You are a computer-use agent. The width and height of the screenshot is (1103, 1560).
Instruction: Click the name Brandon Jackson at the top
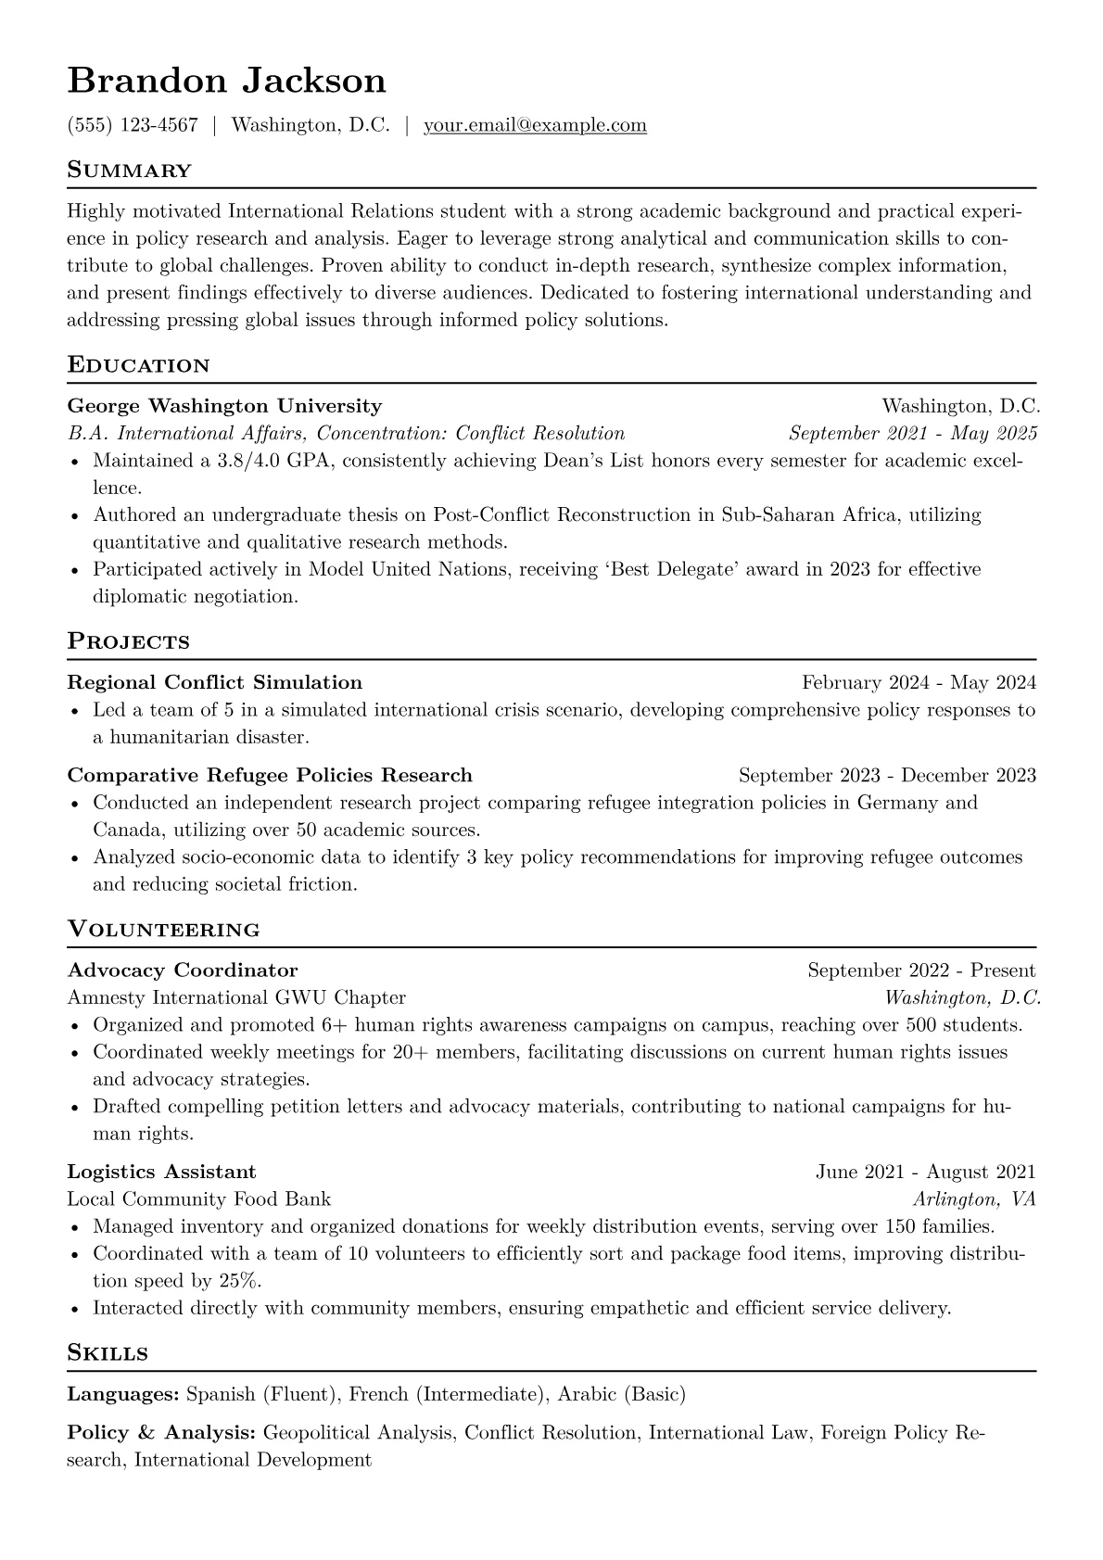coord(226,81)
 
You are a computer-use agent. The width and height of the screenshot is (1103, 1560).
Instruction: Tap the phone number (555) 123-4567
coord(133,125)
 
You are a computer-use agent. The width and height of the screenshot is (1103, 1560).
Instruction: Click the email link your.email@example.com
coord(535,125)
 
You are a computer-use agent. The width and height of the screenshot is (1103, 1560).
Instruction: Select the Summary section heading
coord(130,171)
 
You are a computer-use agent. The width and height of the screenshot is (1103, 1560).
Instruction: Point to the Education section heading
coord(139,365)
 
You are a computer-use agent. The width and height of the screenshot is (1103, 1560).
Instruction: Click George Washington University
coord(224,406)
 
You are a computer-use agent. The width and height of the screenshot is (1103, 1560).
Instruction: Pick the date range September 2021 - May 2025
coord(912,433)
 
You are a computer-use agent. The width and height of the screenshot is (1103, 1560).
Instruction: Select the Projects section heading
coord(129,641)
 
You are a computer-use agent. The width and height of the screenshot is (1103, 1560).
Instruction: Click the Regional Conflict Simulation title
coord(215,683)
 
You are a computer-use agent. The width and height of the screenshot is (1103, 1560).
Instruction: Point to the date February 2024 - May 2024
coord(919,683)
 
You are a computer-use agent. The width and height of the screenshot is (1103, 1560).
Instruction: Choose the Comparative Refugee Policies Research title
coord(270,775)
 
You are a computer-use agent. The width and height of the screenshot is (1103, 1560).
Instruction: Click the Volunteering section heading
coord(164,930)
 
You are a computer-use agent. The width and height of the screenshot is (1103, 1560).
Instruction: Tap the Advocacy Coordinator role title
coord(183,970)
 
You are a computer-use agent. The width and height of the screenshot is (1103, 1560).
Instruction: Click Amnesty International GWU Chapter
coord(236,997)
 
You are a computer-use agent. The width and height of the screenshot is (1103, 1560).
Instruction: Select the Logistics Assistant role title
coord(162,1172)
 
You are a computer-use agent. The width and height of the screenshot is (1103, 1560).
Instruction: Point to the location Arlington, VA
coord(974,1199)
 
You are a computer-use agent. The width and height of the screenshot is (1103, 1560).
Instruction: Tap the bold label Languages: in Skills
coord(123,1394)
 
